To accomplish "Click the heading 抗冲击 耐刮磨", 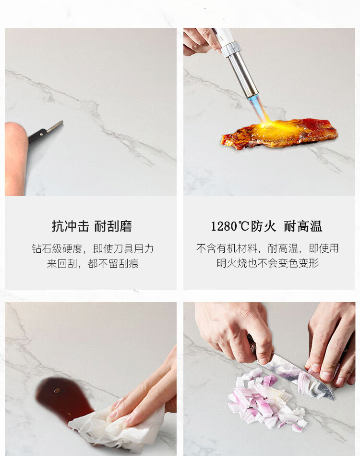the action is point(92,226).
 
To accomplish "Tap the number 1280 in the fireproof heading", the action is point(224,226).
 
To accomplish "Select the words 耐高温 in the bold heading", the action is point(303,226).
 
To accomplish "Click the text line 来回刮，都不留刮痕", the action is point(93,263).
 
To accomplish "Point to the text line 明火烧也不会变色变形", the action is point(268,263).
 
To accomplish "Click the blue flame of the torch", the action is point(258,109).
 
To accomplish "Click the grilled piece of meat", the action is point(279,134).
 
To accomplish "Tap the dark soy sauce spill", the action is point(62,399).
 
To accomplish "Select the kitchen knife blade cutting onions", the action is point(299,375).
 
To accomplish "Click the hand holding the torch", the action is point(201,41).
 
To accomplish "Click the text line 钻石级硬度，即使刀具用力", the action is point(93,248).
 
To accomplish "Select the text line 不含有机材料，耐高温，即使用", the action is point(267,248).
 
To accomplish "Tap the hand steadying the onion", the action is point(331,343).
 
